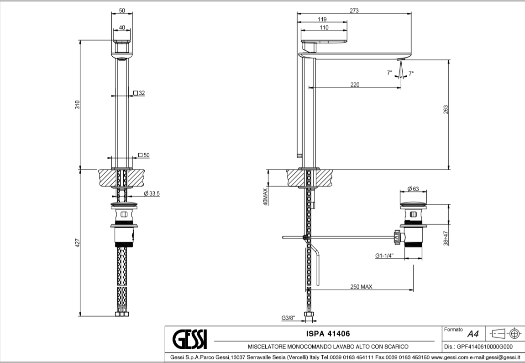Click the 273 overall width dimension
click(354, 11)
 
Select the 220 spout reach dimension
click(355, 84)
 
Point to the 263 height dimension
click(446, 110)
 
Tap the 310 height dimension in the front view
click(78, 104)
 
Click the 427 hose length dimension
click(78, 243)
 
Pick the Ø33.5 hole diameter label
click(151, 194)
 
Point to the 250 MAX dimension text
click(362, 287)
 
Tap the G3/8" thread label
click(288, 317)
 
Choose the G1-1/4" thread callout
click(385, 256)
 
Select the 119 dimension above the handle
click(321, 19)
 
